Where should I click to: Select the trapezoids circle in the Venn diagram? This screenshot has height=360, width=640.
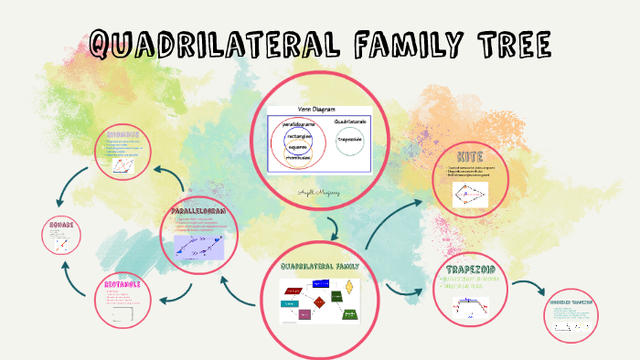(349, 140)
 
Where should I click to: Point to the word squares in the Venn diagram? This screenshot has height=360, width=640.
(297, 146)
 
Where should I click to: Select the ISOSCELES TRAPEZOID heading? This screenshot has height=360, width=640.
(571, 302)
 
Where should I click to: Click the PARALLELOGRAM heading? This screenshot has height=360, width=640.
(197, 213)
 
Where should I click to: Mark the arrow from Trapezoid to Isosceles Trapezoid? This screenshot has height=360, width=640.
(525, 287)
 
